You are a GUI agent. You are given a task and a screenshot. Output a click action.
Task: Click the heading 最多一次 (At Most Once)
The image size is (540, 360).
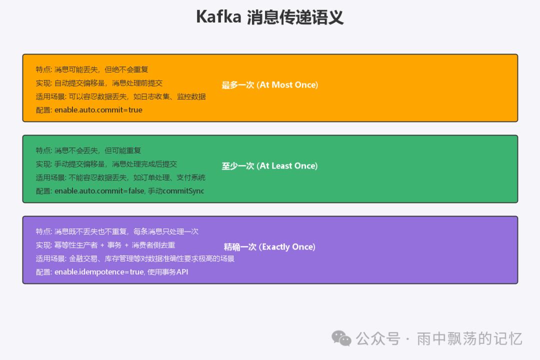270,85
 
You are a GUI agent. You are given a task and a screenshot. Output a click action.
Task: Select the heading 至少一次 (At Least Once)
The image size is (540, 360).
270,166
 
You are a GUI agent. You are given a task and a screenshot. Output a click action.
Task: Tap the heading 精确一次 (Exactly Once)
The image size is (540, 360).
270,247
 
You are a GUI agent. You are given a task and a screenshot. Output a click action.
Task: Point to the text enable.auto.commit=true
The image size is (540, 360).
98,110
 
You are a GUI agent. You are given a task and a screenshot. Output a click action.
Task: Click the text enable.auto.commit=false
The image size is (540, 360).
99,191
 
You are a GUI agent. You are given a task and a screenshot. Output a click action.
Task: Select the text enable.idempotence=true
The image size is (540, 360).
99,272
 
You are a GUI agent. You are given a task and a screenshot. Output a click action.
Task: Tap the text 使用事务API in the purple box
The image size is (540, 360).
168,272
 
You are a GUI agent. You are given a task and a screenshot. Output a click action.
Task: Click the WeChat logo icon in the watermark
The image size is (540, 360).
342,338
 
